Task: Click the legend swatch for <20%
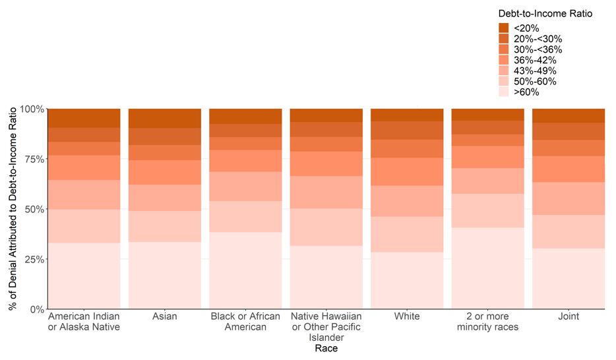pos(504,28)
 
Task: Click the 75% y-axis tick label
pos(34,159)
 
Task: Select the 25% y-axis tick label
pos(34,259)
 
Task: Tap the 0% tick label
pos(36,309)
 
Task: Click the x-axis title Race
pos(326,348)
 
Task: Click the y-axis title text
pos(13,208)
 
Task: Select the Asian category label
pos(164,316)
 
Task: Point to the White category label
pos(407,316)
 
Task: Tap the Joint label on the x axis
pos(569,316)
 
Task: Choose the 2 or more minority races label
pos(487,322)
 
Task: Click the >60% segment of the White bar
pos(407,280)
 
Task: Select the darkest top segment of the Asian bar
pos(164,118)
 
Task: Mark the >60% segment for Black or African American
pos(245,270)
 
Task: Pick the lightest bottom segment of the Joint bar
pos(569,278)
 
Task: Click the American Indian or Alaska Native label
pos(84,322)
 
